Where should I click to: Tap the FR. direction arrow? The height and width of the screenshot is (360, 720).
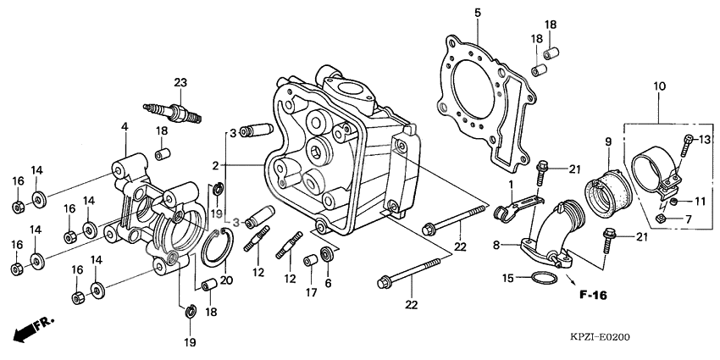30,328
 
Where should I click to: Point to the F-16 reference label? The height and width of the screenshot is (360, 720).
594,296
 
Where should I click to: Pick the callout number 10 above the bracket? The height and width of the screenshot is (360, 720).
659,86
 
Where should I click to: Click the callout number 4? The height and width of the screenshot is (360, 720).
125,127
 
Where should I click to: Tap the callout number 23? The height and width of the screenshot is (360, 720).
180,82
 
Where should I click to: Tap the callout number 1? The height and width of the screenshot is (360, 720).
511,185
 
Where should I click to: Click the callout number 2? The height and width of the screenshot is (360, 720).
216,165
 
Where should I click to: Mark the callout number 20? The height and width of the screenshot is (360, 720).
225,280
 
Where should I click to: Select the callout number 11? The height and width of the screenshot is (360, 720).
701,202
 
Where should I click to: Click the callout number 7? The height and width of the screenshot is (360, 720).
688,219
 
